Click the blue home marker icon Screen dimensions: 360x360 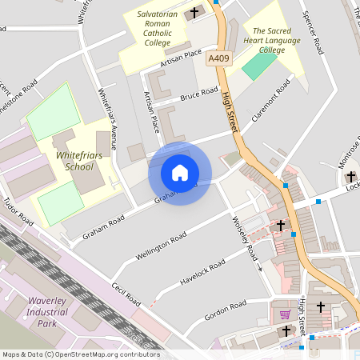coord(180,173)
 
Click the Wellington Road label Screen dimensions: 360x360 coord(161,245)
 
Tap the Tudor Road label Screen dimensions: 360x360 coord(18,210)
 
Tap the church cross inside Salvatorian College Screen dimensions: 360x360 coord(194,13)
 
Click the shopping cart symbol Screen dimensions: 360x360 coord(285,314)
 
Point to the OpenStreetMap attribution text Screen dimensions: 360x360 coord(81,354)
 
